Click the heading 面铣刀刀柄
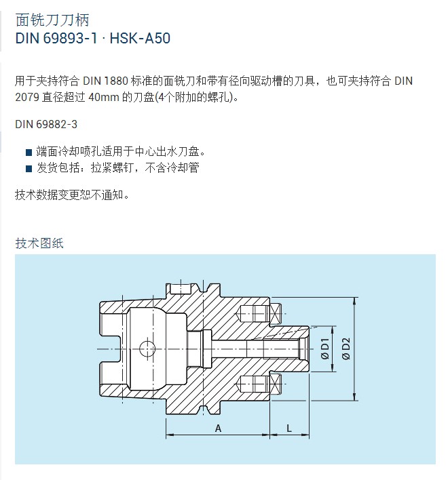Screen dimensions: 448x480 [x=52, y=20]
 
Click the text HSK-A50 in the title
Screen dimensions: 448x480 [x=140, y=38]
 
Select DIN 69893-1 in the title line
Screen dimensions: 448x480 [x=56, y=38]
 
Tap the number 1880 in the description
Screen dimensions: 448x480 [x=116, y=81]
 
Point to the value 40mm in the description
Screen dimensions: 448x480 [x=104, y=98]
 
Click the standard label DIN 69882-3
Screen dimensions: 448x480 [x=46, y=124]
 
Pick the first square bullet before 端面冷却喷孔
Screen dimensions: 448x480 [x=29, y=152]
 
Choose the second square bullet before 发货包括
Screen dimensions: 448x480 [x=29, y=169]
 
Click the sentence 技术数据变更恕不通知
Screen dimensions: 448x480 [x=72, y=195]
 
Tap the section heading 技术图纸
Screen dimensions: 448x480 [x=39, y=243]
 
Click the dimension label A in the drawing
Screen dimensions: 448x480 [x=218, y=428]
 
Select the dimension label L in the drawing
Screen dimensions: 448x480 [x=289, y=428]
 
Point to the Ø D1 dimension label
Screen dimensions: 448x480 [x=324, y=348]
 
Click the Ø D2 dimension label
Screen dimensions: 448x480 [x=346, y=348]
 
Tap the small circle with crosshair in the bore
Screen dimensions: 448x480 [x=147, y=348]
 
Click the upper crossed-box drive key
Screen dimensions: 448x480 [x=276, y=313]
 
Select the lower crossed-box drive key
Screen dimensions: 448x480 [x=276, y=384]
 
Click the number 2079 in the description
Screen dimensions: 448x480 [x=27, y=98]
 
